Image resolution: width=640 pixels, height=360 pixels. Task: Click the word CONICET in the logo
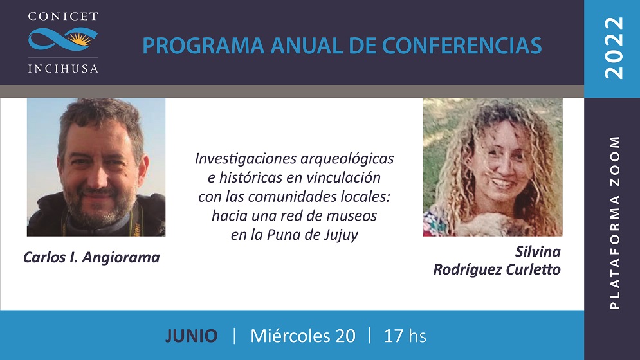tap(63, 16)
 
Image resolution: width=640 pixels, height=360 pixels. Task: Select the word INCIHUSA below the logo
tap(63, 68)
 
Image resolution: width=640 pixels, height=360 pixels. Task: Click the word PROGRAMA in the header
tap(203, 46)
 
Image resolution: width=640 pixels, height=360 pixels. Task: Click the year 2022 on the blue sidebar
tap(614, 48)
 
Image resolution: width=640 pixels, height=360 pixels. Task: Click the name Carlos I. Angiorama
tap(91, 257)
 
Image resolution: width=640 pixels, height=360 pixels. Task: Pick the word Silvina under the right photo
tap(538, 251)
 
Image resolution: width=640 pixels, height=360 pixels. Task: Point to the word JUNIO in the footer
tap(192, 336)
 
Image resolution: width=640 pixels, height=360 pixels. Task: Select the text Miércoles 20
tap(303, 336)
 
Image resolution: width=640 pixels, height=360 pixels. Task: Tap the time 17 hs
tap(405, 336)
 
